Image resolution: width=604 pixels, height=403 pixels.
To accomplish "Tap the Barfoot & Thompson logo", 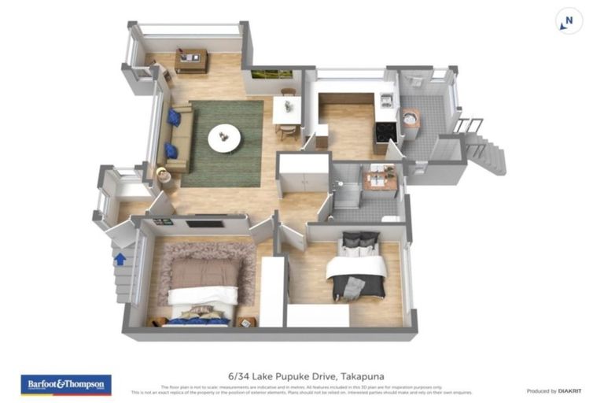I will click(65, 384).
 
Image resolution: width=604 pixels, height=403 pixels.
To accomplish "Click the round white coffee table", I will click(224, 139).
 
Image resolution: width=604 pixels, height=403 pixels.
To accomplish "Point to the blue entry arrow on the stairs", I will click(120, 258).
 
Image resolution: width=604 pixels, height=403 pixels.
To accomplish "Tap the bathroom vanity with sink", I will click(380, 180).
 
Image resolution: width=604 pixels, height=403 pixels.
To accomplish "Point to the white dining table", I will click(286, 112).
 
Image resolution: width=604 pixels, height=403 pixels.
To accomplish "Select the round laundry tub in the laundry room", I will click(410, 118).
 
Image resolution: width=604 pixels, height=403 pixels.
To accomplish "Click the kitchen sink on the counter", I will click(385, 99).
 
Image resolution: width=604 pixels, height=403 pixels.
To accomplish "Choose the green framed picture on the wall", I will click(272, 76).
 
